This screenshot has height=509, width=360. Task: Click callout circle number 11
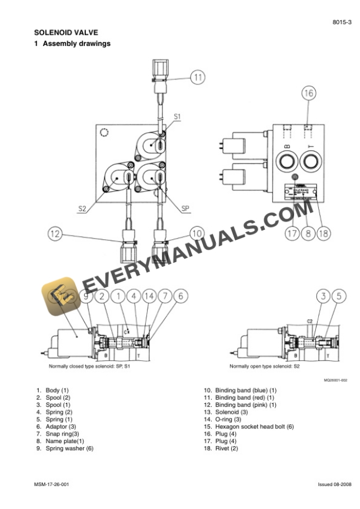199,76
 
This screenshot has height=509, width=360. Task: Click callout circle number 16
309,93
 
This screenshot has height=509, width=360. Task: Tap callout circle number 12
55,234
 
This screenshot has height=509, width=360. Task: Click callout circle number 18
323,233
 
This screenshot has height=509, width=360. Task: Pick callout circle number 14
149,296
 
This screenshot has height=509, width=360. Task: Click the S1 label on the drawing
176,117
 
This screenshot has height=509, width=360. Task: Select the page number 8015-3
342,21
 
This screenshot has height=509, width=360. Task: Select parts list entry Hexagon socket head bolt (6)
254,426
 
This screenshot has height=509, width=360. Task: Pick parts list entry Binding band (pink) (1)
245,405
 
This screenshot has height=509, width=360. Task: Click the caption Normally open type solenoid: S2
265,366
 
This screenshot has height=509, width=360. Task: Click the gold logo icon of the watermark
58,297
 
